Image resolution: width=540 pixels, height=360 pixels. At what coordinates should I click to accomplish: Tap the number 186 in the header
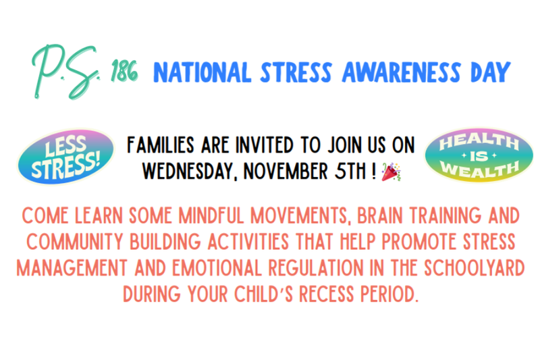pyautogui.click(x=124, y=72)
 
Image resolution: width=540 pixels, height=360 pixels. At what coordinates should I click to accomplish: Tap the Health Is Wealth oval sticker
pyautogui.click(x=474, y=157)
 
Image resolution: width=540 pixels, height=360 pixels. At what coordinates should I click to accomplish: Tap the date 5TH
pyautogui.click(x=350, y=172)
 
